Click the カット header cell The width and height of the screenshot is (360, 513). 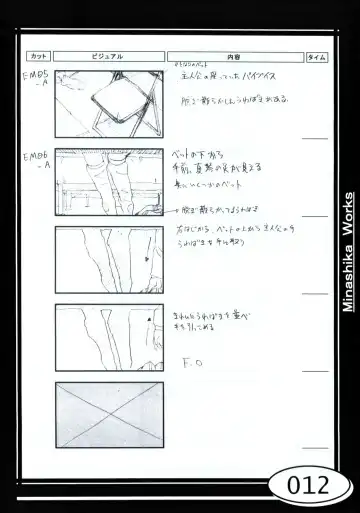pyautogui.click(x=38, y=57)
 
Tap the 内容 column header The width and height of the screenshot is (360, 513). pyautogui.click(x=233, y=57)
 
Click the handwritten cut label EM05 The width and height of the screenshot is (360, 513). pyautogui.click(x=39, y=75)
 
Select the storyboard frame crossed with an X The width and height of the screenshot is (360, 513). pyautogui.click(x=108, y=414)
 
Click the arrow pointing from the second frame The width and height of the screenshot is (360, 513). pyautogui.click(x=174, y=210)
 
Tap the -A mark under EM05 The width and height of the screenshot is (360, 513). pyautogui.click(x=41, y=86)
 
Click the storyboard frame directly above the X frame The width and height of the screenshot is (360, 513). pyautogui.click(x=108, y=337)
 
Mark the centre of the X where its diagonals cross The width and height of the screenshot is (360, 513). pyautogui.click(x=108, y=414)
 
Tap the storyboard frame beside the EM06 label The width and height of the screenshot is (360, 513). pyautogui.click(x=108, y=183)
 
